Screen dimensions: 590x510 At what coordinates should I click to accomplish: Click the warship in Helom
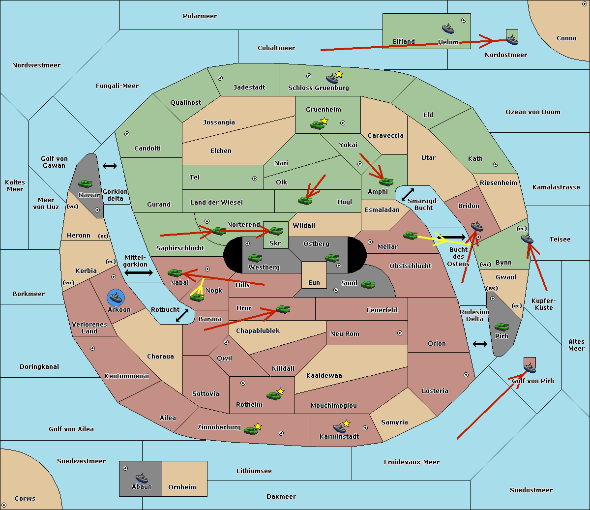tap(448, 29)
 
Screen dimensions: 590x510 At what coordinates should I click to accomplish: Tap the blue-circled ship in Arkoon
tap(116, 298)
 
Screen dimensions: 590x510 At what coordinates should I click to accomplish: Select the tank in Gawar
tap(86, 183)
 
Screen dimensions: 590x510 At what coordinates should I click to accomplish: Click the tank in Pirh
tap(501, 327)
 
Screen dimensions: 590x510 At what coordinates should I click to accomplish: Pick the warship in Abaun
tap(142, 478)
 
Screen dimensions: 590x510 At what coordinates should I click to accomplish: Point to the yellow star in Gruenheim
tap(324, 121)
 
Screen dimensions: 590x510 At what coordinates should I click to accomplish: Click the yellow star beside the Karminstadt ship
tap(346, 423)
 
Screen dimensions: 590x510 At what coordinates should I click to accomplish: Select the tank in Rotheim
tap(273, 395)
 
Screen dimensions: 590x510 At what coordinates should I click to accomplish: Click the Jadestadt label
tap(249, 88)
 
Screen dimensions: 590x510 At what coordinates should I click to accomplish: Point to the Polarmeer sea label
tap(200, 16)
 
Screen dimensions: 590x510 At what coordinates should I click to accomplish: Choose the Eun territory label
tap(314, 283)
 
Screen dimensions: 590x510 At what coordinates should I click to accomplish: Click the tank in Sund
tap(368, 285)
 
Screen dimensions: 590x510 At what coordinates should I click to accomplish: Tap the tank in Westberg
tap(255, 258)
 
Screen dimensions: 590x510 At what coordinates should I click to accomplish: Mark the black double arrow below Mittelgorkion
tap(139, 272)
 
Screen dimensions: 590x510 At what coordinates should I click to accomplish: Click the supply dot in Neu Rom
tap(400, 333)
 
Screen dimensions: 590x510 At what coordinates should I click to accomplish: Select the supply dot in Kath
tap(496, 164)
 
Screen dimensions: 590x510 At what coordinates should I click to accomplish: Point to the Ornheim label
tap(182, 487)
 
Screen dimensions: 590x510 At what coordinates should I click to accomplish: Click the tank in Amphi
tap(386, 181)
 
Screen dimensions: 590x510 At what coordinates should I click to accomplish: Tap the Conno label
tap(566, 38)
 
